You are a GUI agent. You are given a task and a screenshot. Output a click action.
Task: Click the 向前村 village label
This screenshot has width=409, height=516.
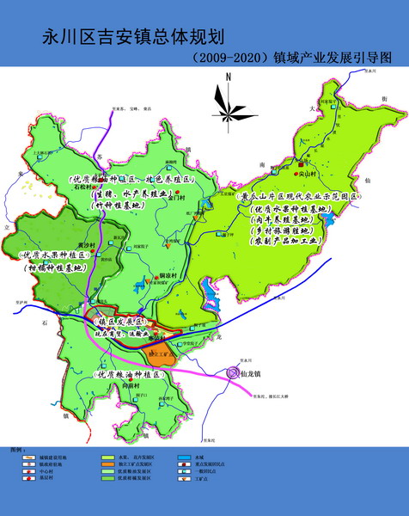click(x=129, y=387)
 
